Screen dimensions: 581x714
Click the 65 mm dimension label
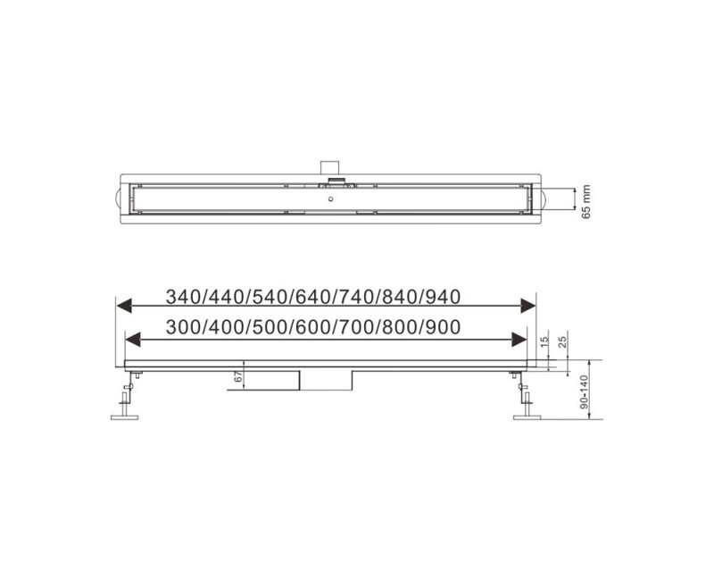pyautogui.click(x=585, y=199)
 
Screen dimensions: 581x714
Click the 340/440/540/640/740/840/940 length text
pyautogui.click(x=319, y=297)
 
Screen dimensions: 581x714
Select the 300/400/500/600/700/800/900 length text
pyautogui.click(x=319, y=328)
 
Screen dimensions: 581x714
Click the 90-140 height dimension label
pyautogui.click(x=585, y=392)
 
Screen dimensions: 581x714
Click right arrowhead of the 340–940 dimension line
pyautogui.click(x=527, y=307)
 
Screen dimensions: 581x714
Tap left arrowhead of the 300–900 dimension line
pyautogui.click(x=132, y=339)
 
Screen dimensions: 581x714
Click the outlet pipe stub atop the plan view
pyautogui.click(x=330, y=166)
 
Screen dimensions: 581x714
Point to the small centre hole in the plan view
pyautogui.click(x=331, y=200)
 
